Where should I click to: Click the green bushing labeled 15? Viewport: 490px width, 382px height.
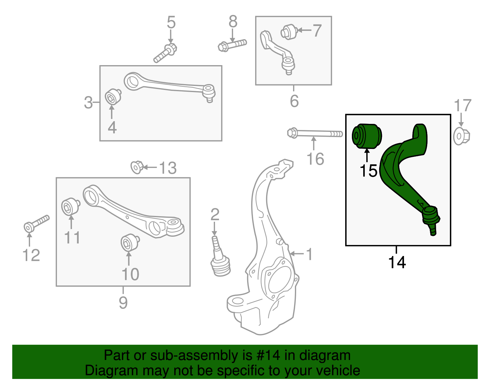tap(367, 136)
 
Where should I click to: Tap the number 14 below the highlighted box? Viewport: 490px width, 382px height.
tap(397, 262)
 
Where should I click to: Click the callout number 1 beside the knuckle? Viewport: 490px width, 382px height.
tap(309, 254)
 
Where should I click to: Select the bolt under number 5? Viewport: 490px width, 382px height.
tap(165, 53)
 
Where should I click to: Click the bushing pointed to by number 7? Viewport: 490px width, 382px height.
tap(289, 32)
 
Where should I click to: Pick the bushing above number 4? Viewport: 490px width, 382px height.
tap(113, 97)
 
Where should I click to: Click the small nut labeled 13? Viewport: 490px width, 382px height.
tap(137, 167)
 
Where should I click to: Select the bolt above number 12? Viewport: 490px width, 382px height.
tap(36, 224)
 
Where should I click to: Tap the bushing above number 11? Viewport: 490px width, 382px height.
tap(70, 206)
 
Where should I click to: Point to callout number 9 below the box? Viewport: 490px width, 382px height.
tap(123, 302)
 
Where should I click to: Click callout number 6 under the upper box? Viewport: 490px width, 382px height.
tap(294, 101)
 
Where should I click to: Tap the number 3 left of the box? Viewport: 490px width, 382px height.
tap(88, 103)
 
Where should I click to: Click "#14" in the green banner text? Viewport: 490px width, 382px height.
tap(266, 355)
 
